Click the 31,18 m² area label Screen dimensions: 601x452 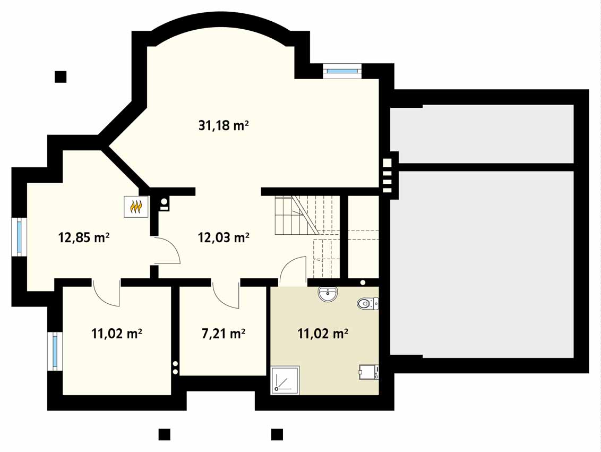224,125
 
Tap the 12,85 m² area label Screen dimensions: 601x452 84,238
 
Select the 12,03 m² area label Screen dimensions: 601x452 224,238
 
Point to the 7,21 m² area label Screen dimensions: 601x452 224,334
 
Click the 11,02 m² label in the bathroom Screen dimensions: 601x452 323,334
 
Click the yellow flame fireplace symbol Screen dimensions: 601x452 136,207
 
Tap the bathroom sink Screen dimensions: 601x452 328,294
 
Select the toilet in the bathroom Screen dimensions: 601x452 367,304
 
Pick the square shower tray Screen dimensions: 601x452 285,380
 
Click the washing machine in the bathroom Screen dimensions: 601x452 369,372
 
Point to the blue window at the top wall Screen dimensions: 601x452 342,71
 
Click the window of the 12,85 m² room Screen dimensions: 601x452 19,236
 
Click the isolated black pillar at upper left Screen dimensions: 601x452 61,76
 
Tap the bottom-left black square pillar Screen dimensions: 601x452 164,434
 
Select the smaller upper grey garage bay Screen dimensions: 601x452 482,134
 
